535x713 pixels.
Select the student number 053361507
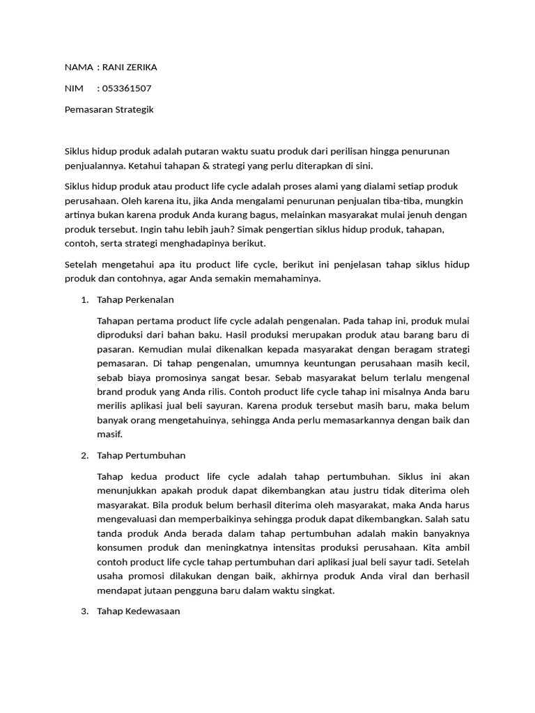(x=126, y=88)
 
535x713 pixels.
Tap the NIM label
(x=73, y=88)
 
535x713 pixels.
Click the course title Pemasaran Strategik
(x=109, y=109)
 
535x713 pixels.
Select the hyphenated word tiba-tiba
(x=391, y=201)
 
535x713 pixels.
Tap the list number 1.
(x=84, y=299)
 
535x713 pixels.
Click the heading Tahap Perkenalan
(x=136, y=299)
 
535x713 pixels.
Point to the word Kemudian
(x=156, y=349)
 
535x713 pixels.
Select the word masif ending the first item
(x=111, y=434)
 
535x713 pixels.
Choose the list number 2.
(x=84, y=455)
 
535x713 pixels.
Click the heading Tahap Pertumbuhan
(x=141, y=455)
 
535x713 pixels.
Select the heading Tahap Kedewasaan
(x=139, y=611)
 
